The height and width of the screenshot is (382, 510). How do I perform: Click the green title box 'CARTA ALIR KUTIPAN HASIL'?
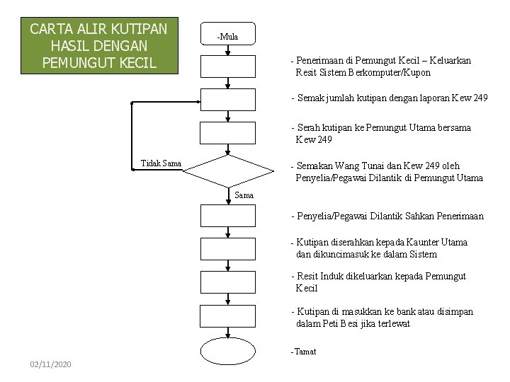click(98, 46)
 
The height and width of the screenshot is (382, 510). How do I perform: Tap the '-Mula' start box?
click(227, 35)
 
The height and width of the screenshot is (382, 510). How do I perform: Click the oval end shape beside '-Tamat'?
click(227, 351)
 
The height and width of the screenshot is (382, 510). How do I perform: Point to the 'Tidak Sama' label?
click(161, 164)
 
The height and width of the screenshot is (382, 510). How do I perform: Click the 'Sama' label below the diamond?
click(244, 195)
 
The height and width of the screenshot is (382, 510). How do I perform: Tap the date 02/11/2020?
click(50, 364)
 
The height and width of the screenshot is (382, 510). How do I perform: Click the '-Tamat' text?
click(303, 352)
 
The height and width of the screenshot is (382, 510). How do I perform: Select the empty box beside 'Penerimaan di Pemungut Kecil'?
click(227, 66)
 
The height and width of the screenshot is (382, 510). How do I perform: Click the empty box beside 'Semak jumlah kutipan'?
click(227, 100)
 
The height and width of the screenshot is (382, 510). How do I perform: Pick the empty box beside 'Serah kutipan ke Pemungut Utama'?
click(227, 132)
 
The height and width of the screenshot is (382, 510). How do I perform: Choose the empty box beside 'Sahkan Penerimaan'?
click(227, 215)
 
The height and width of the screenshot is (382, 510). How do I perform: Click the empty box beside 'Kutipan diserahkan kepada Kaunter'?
click(227, 248)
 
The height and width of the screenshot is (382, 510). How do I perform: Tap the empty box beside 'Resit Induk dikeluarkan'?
click(227, 282)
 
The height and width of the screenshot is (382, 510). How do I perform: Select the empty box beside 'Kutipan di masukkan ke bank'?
click(227, 316)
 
